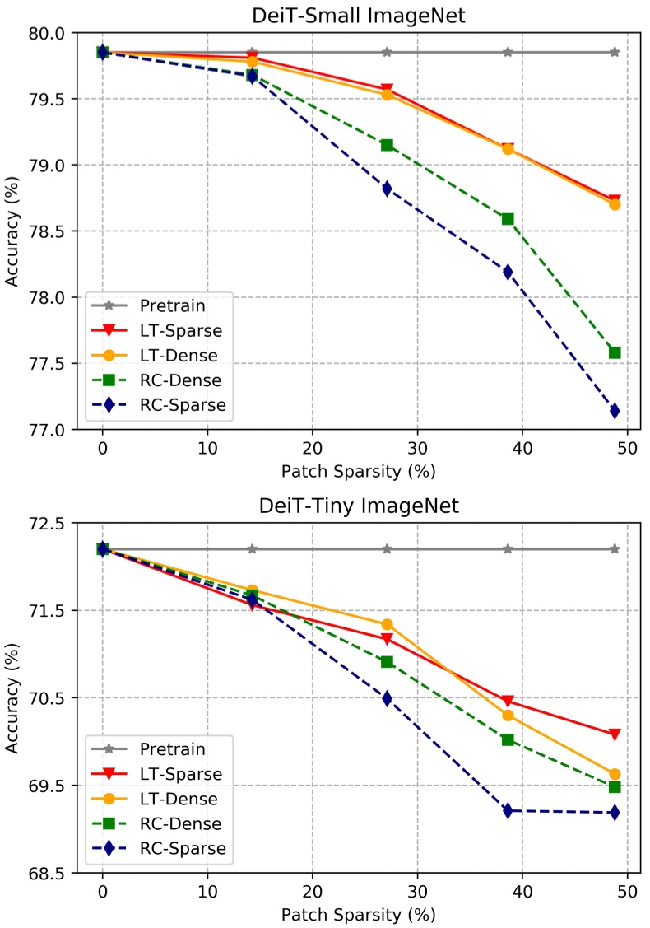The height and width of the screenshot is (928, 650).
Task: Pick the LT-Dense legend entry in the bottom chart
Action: [179, 798]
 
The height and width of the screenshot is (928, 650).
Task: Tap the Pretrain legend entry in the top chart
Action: [173, 306]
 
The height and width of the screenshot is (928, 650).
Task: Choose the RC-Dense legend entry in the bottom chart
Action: [180, 823]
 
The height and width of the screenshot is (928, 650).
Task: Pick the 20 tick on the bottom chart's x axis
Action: [312, 893]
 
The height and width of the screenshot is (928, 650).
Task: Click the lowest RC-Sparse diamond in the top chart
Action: [614, 411]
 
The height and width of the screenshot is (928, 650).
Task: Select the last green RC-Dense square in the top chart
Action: [614, 352]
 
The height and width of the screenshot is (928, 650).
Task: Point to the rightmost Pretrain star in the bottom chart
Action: [614, 548]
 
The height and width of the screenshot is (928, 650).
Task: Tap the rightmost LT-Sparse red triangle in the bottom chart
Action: [614, 734]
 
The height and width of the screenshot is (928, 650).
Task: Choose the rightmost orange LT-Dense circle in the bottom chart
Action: [614, 774]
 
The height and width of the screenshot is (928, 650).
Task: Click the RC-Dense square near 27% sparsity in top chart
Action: [387, 145]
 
